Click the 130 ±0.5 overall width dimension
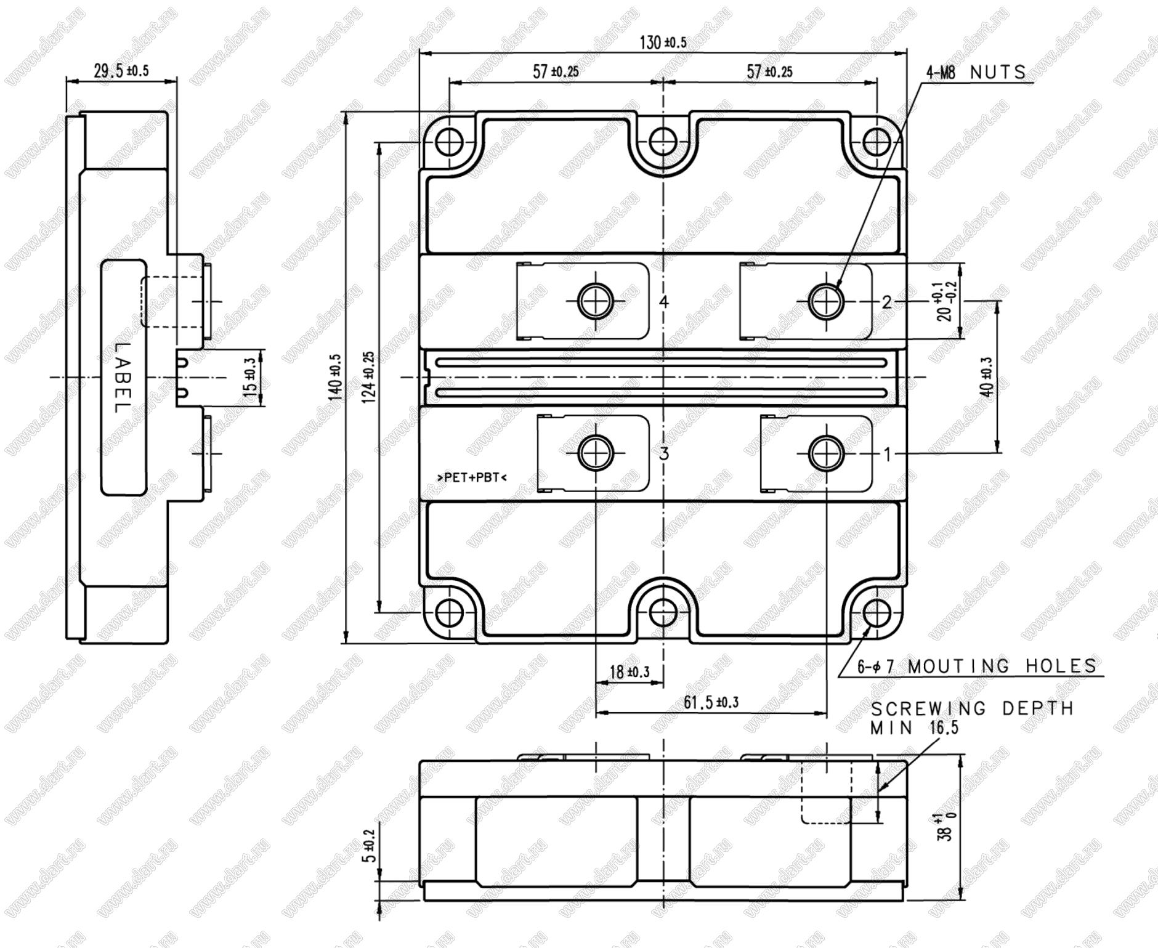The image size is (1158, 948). coord(663,43)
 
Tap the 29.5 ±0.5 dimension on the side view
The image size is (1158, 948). coord(121,70)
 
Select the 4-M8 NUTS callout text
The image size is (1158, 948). coord(976,73)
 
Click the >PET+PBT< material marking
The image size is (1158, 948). coord(471,477)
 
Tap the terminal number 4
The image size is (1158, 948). coord(663,302)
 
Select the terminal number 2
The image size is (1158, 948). coord(887,302)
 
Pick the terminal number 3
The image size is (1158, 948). coord(663,454)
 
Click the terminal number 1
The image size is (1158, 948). coord(887,455)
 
